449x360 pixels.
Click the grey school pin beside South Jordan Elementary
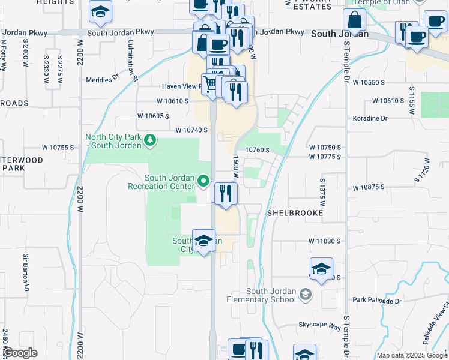click(x=306, y=294)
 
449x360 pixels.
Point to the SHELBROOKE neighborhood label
click(x=295, y=213)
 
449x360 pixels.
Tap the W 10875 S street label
click(x=381, y=187)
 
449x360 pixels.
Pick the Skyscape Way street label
click(x=320, y=326)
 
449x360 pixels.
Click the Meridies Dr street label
click(x=103, y=79)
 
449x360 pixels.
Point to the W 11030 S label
click(x=325, y=241)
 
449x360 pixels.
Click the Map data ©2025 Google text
click(x=411, y=355)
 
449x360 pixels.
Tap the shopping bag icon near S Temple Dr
click(x=355, y=21)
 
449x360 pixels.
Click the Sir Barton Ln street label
click(x=26, y=266)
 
